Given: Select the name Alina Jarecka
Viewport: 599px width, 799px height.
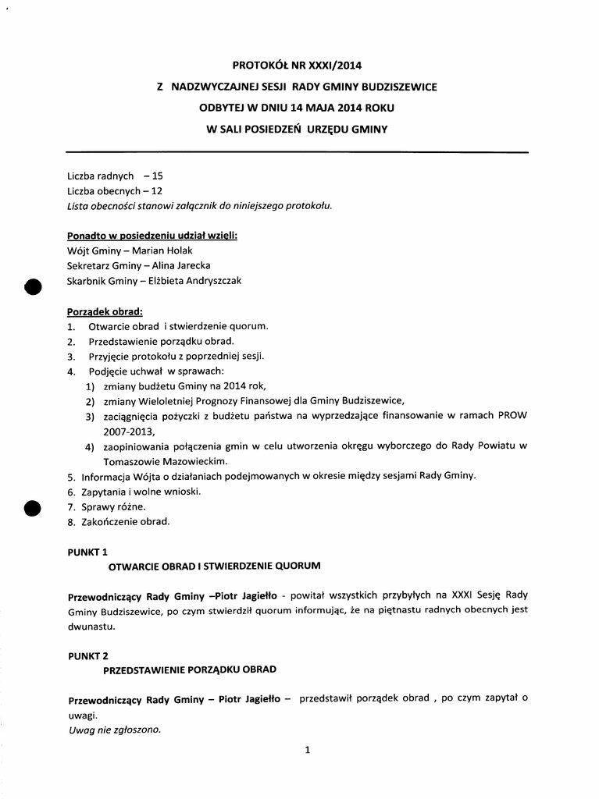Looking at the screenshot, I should (181, 265).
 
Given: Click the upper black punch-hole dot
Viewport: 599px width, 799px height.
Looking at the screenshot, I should (33, 286).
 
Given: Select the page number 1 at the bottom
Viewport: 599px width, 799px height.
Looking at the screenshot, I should (308, 751).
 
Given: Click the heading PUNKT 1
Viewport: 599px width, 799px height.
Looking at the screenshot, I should (87, 552).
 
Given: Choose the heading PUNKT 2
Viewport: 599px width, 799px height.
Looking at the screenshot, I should (87, 656).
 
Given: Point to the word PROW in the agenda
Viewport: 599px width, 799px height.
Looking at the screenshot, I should (512, 416).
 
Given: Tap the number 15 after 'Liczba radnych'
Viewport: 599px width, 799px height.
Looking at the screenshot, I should (158, 176).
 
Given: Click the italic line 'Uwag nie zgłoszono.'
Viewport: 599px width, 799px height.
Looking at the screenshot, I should (114, 730).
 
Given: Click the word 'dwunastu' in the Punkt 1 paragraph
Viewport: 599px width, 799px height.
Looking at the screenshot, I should (91, 627).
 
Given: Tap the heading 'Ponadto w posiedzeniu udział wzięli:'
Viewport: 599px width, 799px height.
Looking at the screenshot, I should (152, 236).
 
